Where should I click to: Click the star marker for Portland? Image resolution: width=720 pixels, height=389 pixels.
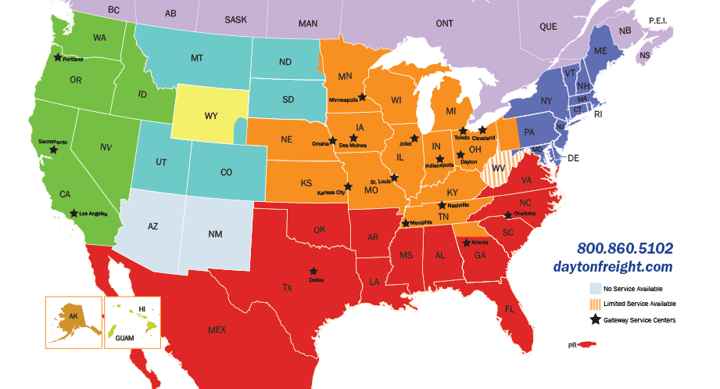57,56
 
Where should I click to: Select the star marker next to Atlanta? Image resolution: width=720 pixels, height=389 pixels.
467,243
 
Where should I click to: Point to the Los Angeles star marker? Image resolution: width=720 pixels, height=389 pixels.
73,212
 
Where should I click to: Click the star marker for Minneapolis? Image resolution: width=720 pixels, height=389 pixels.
363,97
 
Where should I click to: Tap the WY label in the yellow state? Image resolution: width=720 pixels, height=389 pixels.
211,116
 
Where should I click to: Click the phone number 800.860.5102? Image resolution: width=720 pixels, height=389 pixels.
625,248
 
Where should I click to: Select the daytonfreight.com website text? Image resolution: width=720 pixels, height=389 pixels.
624,266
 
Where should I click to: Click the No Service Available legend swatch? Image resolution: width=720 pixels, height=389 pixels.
596,288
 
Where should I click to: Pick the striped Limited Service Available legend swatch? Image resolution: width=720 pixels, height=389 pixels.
596,304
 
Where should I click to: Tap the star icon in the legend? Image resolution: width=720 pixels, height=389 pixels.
596,319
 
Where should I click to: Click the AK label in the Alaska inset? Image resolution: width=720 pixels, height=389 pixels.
73,316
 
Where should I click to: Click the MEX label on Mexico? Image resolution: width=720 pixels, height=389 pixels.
217,330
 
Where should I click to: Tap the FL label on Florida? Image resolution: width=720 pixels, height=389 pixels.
509,309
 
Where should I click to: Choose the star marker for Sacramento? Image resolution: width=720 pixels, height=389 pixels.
53,149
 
